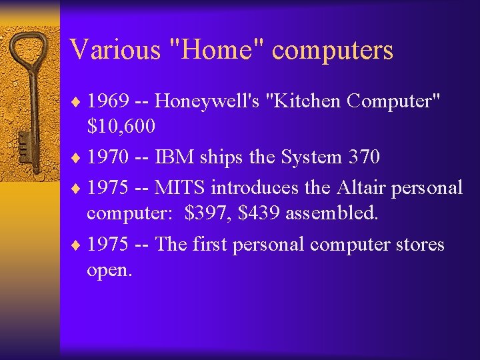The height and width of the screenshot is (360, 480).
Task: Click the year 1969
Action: point(109,101)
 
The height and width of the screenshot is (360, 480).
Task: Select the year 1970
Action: point(109,157)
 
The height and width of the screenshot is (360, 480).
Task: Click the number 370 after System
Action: point(364,157)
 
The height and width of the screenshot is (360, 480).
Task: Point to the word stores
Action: point(417,245)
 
